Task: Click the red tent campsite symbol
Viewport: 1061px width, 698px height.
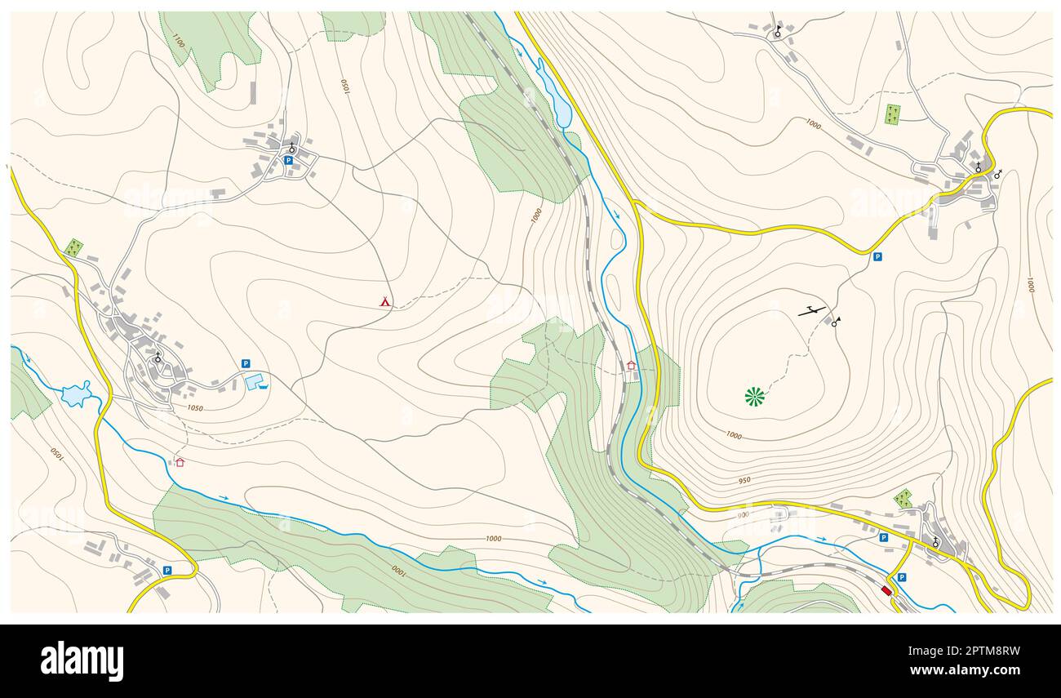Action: click(385, 302)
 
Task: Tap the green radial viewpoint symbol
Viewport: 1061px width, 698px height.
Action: click(755, 397)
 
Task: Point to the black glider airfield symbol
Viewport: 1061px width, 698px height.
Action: click(811, 310)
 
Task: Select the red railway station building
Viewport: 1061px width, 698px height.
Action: click(887, 590)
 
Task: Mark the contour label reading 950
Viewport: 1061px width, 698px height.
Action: click(744, 481)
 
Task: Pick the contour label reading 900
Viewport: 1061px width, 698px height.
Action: click(742, 514)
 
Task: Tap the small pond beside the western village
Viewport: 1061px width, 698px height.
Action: click(76, 394)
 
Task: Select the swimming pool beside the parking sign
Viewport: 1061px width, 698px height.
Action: click(255, 381)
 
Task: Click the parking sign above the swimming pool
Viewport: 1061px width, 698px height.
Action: click(245, 363)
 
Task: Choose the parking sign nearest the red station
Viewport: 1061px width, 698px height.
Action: click(901, 577)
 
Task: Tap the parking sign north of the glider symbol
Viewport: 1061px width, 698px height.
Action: click(877, 256)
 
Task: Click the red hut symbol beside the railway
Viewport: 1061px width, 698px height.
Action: click(631, 365)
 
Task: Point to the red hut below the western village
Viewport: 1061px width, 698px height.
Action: click(180, 462)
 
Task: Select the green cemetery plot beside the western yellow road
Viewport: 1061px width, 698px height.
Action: click(73, 247)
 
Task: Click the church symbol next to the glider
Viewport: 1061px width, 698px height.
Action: click(835, 322)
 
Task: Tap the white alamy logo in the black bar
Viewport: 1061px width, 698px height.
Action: click(82, 660)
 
